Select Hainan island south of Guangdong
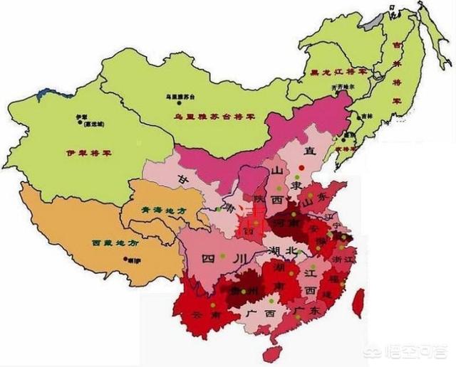[x=271, y=353]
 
